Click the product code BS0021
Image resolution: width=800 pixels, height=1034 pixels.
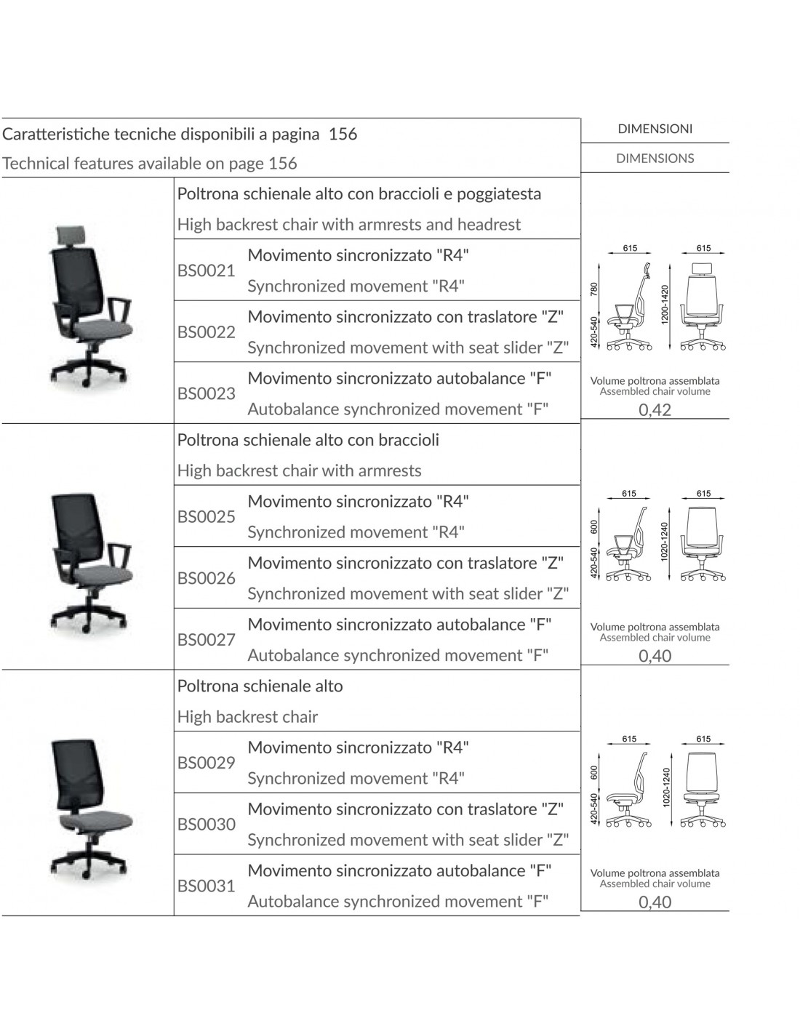pos(207,271)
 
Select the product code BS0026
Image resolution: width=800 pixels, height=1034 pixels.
pos(207,579)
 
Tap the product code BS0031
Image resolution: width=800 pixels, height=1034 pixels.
pos(207,886)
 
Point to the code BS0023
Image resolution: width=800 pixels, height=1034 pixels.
pos(207,394)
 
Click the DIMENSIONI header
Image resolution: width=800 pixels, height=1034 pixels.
pos(655,129)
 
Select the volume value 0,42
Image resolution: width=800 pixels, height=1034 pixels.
pos(655,410)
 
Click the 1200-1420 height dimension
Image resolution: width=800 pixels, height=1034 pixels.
pos(664,305)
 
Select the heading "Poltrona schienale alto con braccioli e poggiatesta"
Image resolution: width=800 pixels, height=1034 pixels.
pos(359,194)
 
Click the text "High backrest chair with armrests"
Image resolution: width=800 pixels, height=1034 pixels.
pos(299,471)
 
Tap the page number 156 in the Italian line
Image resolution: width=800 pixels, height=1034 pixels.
pos(343,134)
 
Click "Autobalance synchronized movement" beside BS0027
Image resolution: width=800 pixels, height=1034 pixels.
pos(398,656)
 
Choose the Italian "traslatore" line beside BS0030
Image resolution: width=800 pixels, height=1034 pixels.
pos(405,809)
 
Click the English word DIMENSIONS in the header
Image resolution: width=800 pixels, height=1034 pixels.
pos(655,159)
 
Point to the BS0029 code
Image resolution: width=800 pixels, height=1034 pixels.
pos(207,763)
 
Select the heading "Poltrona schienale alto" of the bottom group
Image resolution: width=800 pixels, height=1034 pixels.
pos(260,686)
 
